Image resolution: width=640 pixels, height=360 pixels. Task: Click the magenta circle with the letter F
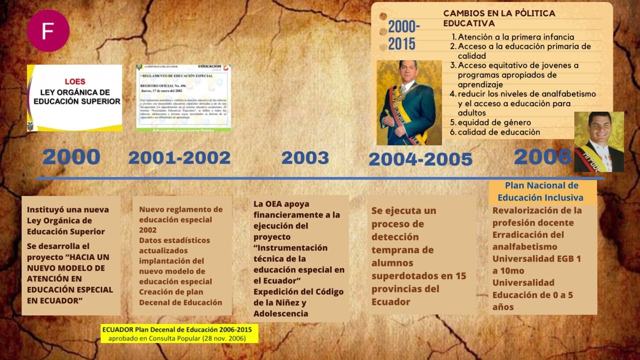48,30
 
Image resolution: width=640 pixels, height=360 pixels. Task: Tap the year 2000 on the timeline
71,157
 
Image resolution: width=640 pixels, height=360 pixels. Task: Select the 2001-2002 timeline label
179,158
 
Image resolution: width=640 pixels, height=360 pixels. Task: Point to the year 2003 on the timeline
305,158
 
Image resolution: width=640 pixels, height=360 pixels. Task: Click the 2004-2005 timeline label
420,159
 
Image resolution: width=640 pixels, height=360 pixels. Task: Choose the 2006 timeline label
542,157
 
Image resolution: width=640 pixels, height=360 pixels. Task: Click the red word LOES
75,81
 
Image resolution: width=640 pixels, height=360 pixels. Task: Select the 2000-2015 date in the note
404,35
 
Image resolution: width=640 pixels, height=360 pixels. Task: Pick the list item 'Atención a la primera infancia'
515,37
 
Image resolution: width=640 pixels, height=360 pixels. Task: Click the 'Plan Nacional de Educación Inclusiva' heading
541,191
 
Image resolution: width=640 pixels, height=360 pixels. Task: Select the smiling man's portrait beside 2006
598,141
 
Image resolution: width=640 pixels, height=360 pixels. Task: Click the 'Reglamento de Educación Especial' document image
183,97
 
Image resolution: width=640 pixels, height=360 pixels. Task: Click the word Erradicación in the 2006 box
520,234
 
